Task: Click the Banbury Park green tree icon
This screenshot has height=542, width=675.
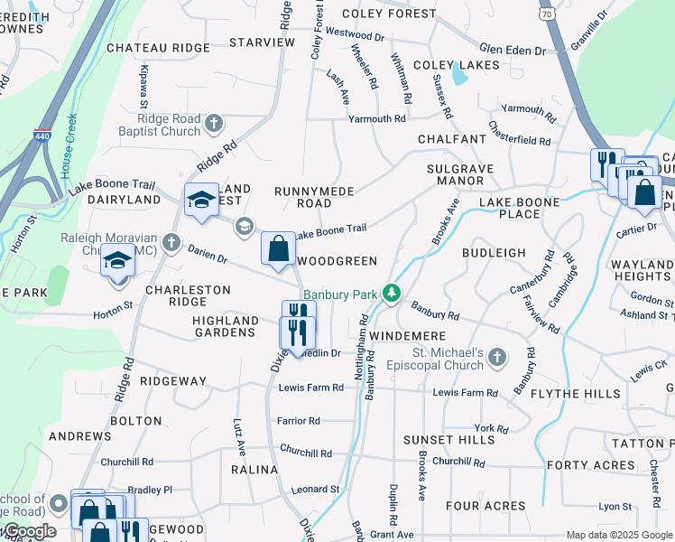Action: coord(391,294)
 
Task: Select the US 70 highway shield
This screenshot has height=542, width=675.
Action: coord(547,13)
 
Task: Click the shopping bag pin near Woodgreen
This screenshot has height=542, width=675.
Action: coord(279,248)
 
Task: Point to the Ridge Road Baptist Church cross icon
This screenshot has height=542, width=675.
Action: coord(214,122)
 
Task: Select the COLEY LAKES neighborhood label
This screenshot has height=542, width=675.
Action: coord(456,65)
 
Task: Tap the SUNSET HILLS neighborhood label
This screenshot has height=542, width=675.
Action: coord(437,440)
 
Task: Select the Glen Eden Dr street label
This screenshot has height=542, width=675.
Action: coord(513,51)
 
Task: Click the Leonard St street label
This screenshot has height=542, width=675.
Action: coord(315,489)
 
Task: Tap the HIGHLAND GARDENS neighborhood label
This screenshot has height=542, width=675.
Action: coord(226,326)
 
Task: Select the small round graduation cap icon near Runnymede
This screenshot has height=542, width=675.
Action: coord(243,226)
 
